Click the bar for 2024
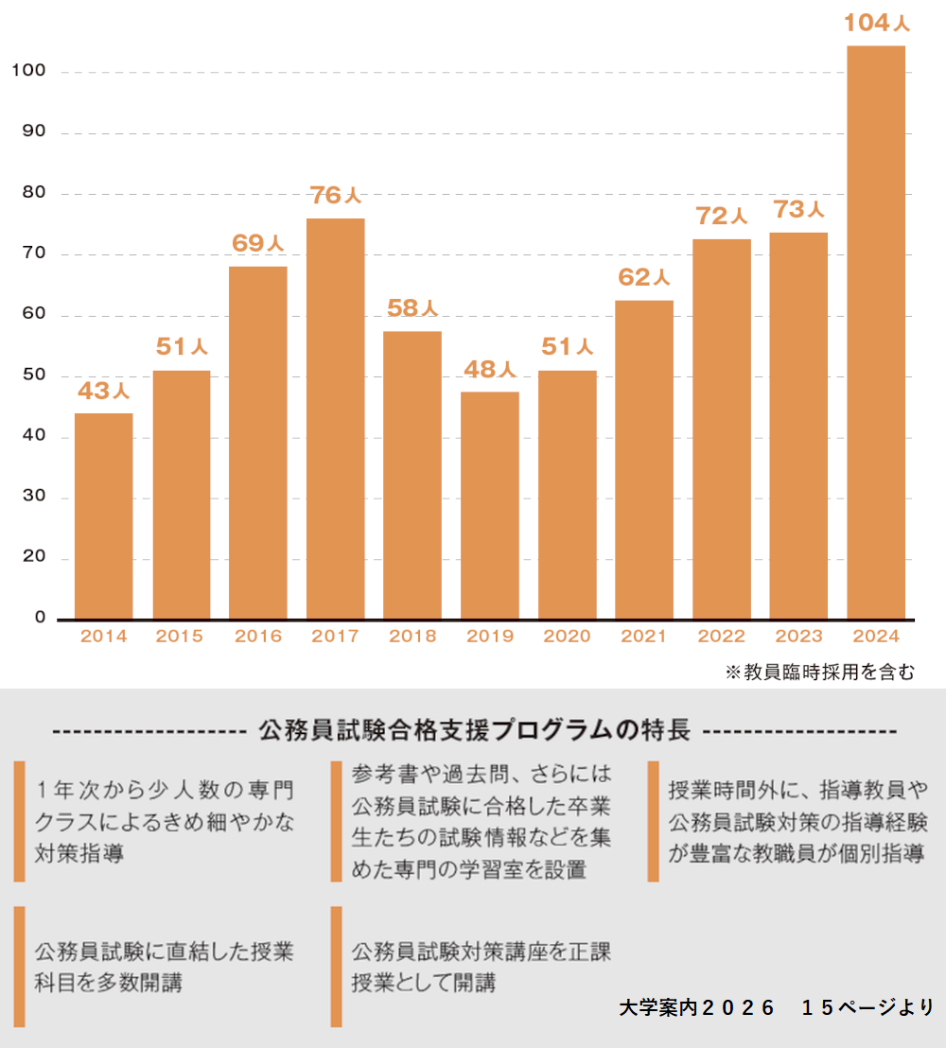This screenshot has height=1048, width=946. [x=876, y=332]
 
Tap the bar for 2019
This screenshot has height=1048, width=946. [x=490, y=505]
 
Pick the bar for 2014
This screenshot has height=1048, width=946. [x=103, y=516]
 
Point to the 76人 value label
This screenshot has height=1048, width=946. [x=336, y=196]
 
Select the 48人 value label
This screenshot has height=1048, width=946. [x=490, y=369]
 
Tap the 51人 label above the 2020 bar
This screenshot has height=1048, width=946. [x=567, y=347]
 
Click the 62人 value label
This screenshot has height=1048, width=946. [x=644, y=277]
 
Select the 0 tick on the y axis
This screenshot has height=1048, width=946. [x=41, y=617]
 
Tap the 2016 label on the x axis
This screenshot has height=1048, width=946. [x=258, y=637]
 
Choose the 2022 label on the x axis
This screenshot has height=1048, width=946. [x=722, y=637]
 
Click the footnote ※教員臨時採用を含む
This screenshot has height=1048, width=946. [x=820, y=672]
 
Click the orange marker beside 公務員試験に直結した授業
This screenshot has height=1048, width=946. [x=19, y=966]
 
